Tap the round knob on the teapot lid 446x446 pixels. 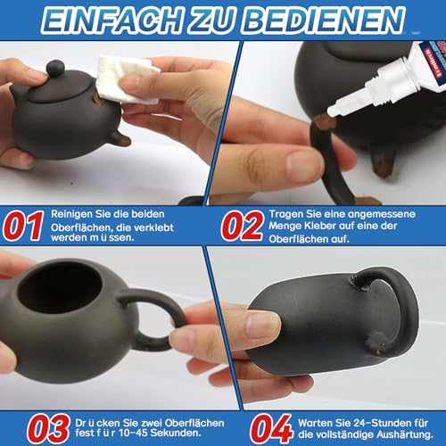(55, 68)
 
